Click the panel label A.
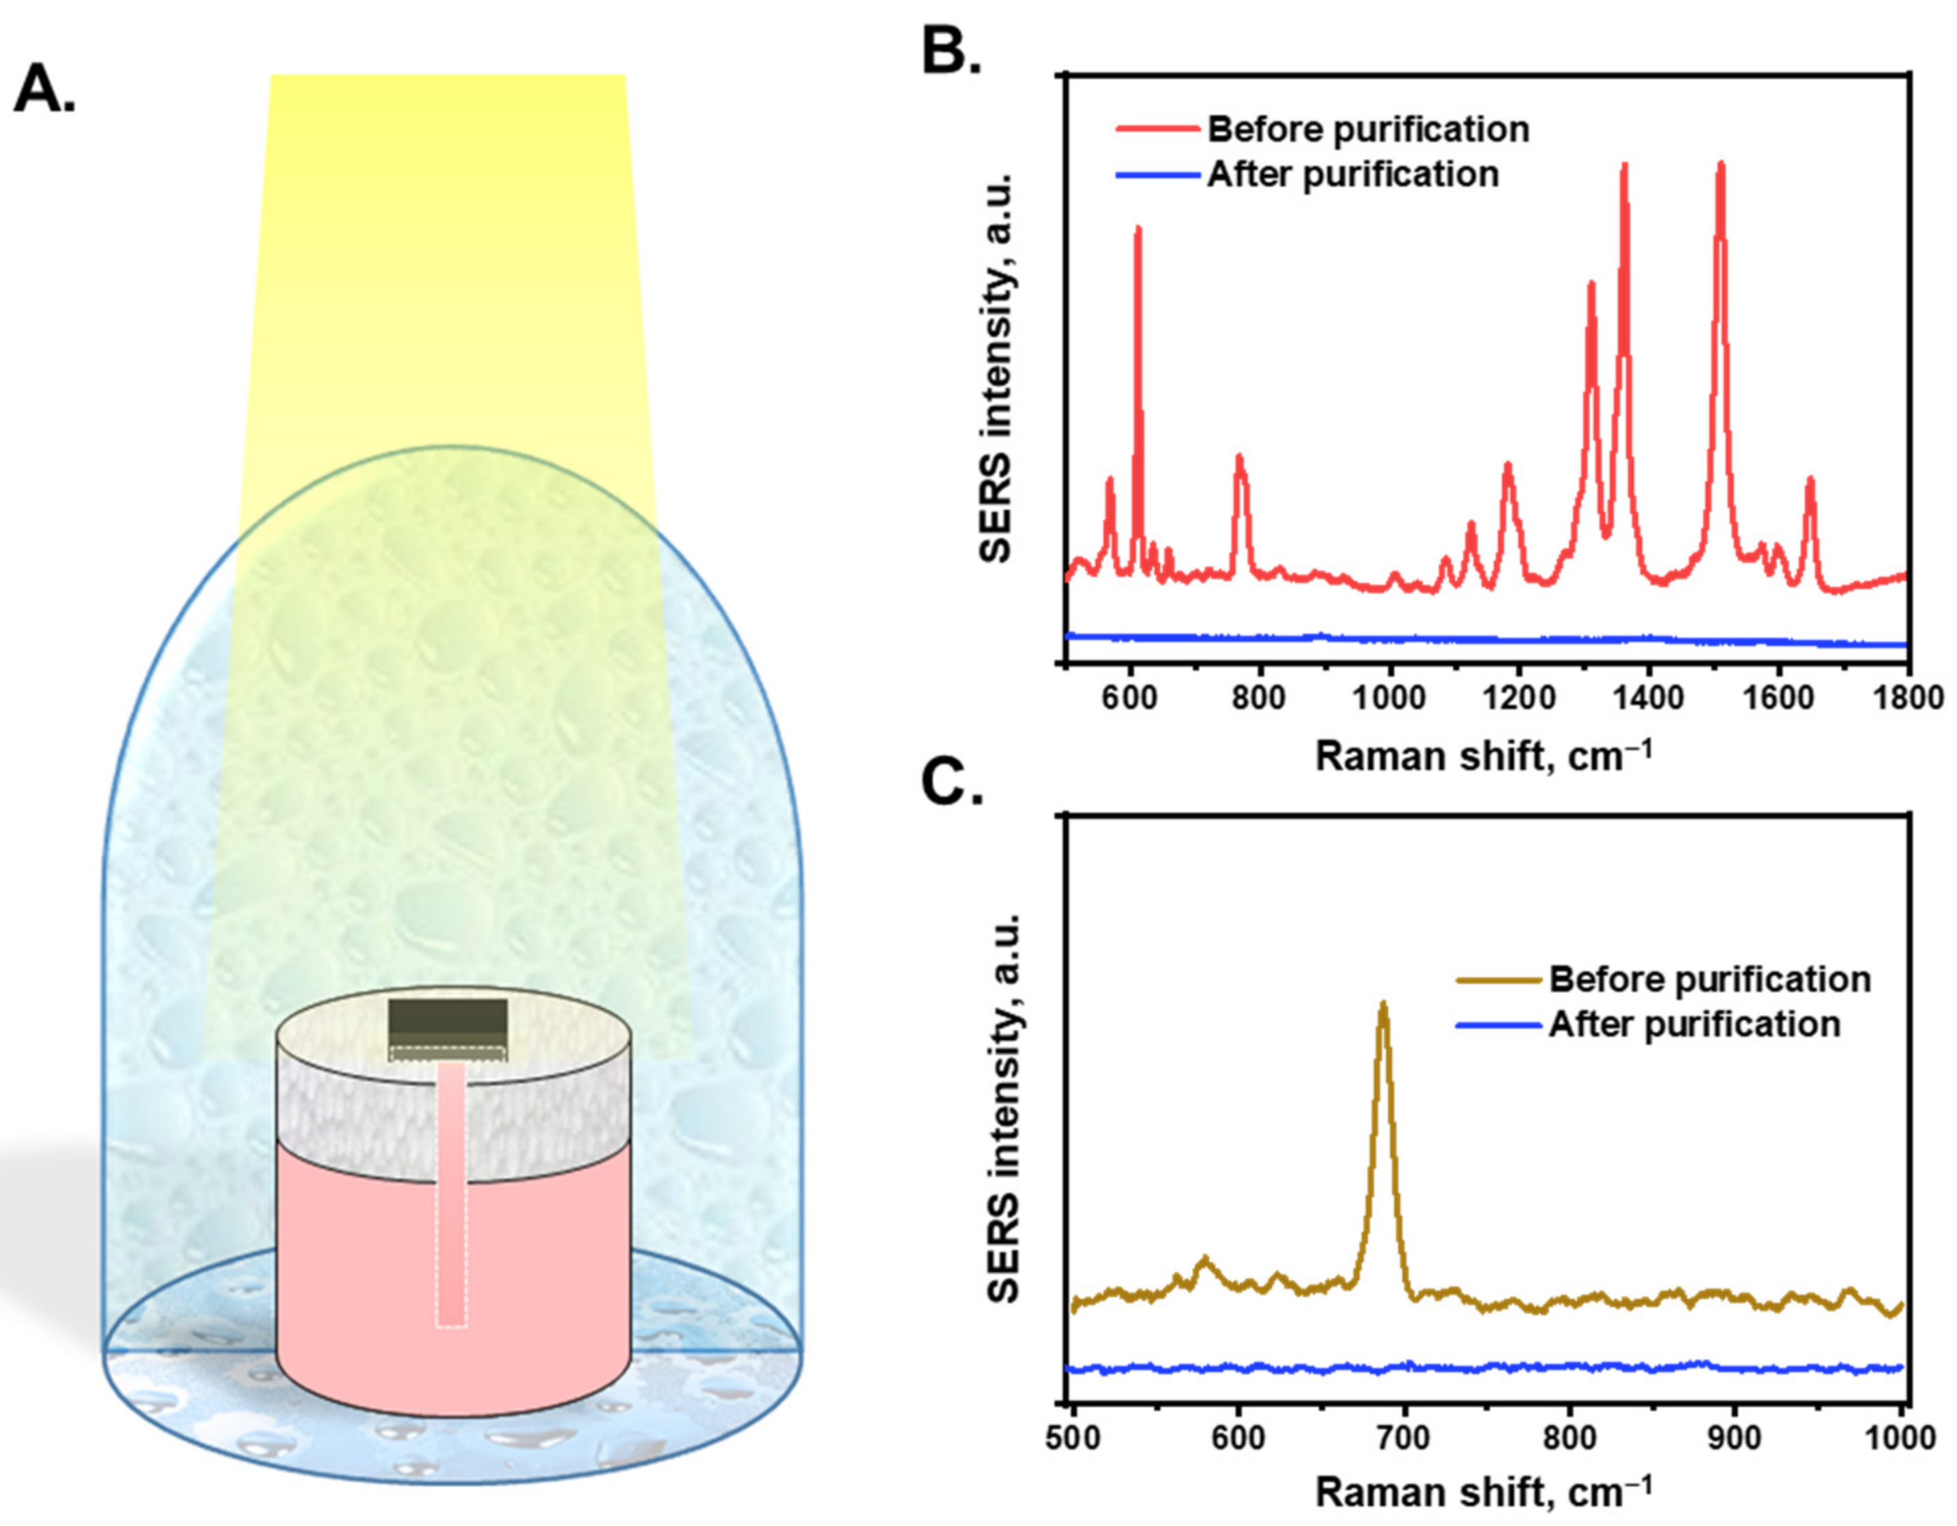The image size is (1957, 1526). [x=45, y=89]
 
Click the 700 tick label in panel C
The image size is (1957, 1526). [x=1404, y=1438]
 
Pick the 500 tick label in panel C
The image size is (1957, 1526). [x=1073, y=1438]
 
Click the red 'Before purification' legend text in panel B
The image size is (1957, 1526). [x=1368, y=130]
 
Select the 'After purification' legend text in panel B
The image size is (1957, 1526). [x=1353, y=175]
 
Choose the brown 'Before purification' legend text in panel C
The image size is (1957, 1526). [x=1710, y=979]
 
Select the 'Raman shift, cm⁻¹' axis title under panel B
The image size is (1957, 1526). [x=1483, y=755]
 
